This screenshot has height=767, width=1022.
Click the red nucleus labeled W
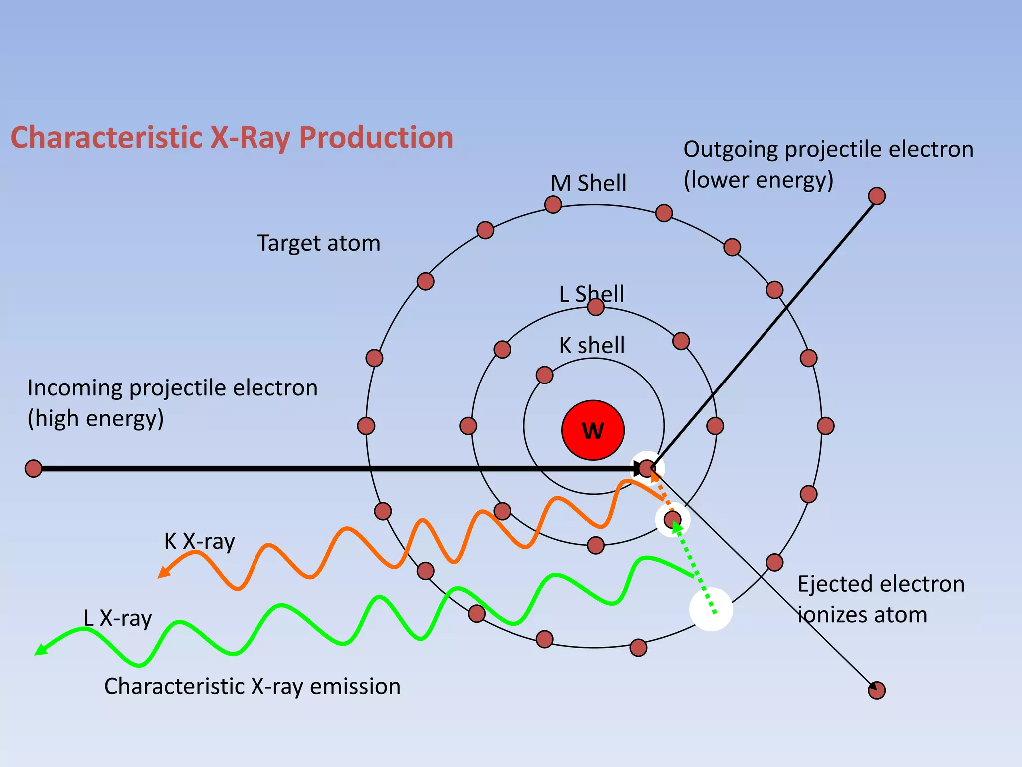click(593, 430)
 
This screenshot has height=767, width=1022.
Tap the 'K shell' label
click(592, 345)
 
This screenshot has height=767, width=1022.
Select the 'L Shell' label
click(591, 294)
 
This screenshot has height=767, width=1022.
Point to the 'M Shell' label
click(588, 183)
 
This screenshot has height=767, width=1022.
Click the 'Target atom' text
click(319, 243)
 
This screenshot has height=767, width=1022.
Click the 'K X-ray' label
click(199, 541)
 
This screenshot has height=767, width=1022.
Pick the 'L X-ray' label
click(117, 618)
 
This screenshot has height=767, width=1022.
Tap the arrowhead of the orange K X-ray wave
click(163, 573)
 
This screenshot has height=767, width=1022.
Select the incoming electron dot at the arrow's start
click(33, 469)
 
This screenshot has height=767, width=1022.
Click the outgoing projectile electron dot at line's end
click(877, 196)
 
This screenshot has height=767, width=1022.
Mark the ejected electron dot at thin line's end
click(877, 690)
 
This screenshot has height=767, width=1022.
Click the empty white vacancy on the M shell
click(711, 610)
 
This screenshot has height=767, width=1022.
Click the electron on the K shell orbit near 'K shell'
click(544, 375)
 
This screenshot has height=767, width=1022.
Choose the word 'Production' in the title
click(376, 137)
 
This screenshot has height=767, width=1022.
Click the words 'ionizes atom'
click(862, 615)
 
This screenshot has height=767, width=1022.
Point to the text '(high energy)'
click(96, 418)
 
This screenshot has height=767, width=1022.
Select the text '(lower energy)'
click(758, 180)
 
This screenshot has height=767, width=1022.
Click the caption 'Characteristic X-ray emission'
click(252, 686)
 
